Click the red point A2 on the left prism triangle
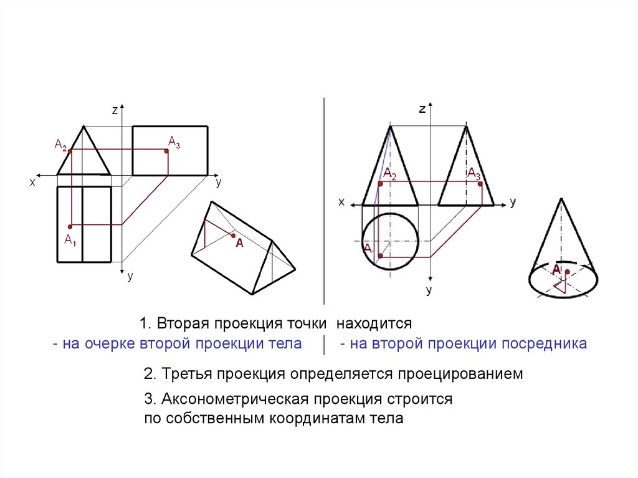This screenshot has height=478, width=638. tap(70, 151)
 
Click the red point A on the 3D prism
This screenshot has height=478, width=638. tap(233, 236)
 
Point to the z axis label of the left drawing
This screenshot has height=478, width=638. tap(115, 110)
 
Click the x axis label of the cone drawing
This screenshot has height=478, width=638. tap(341, 202)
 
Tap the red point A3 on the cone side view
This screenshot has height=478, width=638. tap(478, 181)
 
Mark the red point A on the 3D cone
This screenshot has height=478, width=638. tap(566, 271)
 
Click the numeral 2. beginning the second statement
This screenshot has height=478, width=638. tap(150, 375)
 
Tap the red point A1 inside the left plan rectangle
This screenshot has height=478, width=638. tap(70, 226)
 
